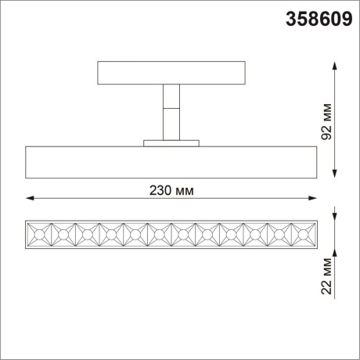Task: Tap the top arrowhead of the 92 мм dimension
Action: click(337, 65)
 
